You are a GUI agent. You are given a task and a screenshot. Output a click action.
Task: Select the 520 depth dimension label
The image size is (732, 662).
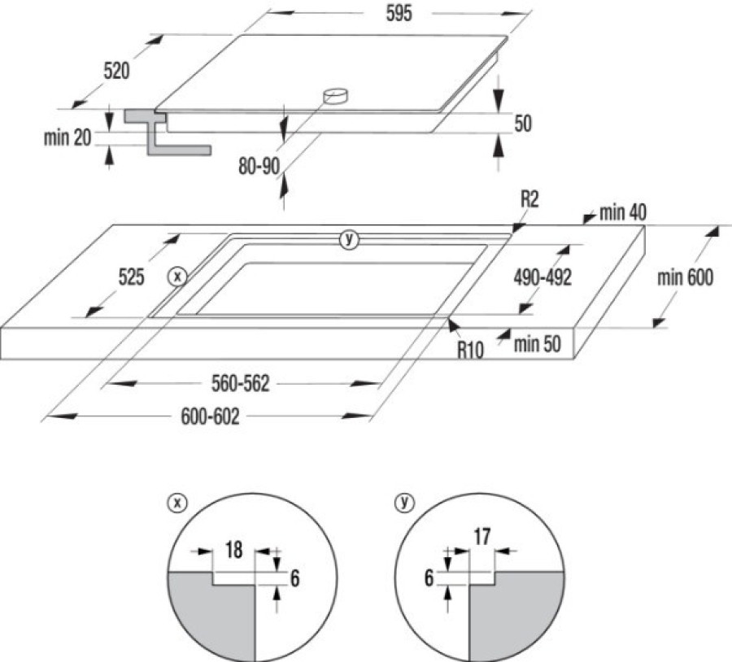click(x=116, y=72)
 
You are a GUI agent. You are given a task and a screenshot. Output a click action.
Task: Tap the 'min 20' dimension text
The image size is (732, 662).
click(x=68, y=137)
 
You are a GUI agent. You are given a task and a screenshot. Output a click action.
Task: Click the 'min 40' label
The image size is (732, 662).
click(x=623, y=214)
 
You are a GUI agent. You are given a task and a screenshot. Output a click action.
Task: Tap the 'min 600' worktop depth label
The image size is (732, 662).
click(x=685, y=277)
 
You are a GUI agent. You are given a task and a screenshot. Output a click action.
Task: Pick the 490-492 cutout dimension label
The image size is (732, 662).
click(x=542, y=277)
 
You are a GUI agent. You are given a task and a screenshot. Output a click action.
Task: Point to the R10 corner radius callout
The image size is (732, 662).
click(x=471, y=351)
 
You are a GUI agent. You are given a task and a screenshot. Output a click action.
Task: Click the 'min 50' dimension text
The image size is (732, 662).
click(x=538, y=344)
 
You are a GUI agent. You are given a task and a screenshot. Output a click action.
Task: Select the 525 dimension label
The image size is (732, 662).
click(x=130, y=277)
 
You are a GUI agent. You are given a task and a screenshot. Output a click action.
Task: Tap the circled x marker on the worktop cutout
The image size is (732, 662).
click(x=176, y=277)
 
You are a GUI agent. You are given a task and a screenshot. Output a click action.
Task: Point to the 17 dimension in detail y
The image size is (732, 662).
click(x=481, y=536)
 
